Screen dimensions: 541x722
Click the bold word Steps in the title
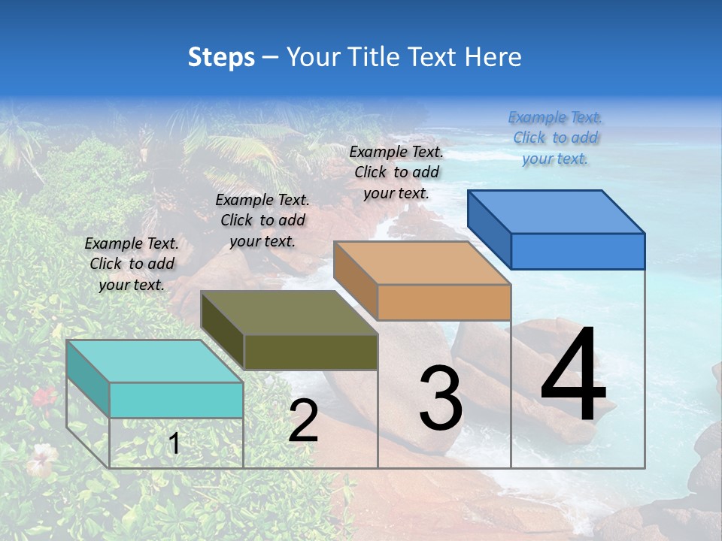[221, 57]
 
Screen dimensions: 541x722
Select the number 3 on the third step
[440, 398]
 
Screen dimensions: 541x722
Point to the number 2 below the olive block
[303, 421]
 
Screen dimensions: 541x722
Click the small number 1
[174, 444]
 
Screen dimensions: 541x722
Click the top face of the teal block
[154, 361]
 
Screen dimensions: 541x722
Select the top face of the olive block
[289, 313]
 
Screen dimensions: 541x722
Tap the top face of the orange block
[422, 263]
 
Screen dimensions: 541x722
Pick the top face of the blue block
[556, 212]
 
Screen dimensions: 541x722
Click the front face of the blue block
[578, 251]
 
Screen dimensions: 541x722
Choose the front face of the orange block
[444, 302]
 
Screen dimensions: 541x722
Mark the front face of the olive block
[311, 352]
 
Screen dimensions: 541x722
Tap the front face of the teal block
[176, 400]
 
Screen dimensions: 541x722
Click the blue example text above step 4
[555, 138]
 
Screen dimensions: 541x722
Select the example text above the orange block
[396, 172]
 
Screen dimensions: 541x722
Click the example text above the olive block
[262, 220]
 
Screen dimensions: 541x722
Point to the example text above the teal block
[132, 264]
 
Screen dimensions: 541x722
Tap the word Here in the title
[495, 57]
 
